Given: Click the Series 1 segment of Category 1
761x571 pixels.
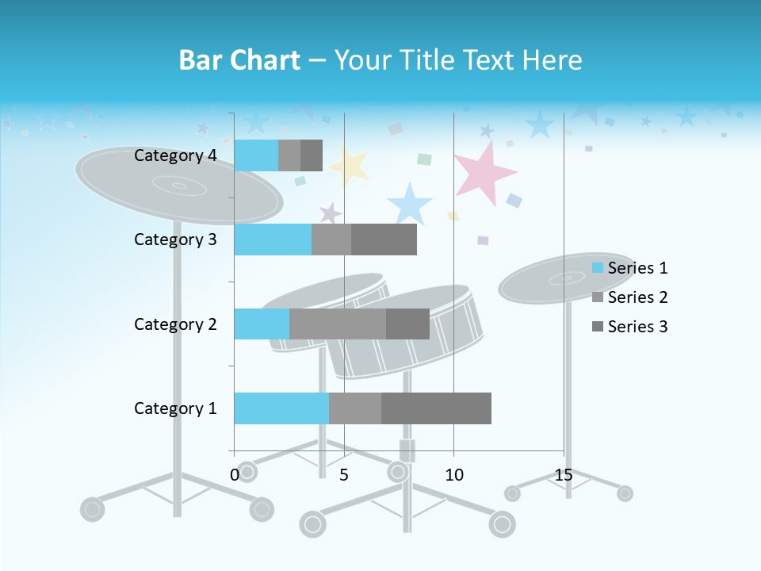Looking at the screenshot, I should (281, 408).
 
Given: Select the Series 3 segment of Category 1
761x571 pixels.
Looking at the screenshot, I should (436, 408).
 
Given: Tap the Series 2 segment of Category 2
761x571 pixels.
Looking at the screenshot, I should (338, 324).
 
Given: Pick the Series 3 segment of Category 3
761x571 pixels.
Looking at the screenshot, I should (384, 240).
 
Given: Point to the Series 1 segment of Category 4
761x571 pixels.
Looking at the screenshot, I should (256, 155).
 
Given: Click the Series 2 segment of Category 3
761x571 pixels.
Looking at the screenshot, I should (331, 240).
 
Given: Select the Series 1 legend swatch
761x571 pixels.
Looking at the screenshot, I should (598, 268).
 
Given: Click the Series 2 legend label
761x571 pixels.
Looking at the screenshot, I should (637, 297).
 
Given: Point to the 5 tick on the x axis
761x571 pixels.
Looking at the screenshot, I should (344, 475).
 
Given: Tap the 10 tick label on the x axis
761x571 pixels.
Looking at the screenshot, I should (453, 475).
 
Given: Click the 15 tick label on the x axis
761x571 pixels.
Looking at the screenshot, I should (564, 475).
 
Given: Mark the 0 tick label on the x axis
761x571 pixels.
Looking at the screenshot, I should (235, 475).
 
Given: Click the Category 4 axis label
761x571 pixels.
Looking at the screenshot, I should (175, 155).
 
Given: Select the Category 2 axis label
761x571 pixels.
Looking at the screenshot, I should (175, 324).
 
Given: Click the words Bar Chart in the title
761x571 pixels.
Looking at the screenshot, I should (239, 60).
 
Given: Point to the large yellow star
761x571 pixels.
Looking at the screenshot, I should (350, 166).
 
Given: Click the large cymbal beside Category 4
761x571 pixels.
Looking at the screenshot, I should (119, 178).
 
